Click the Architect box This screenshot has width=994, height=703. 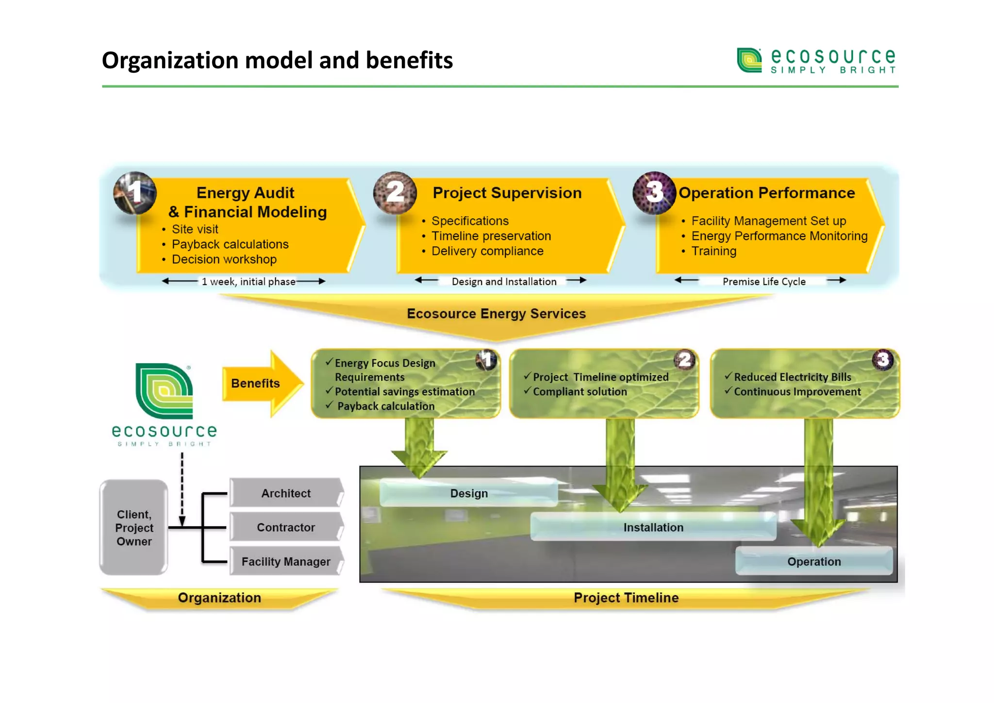pyautogui.click(x=286, y=493)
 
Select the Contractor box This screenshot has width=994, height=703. pyautogui.click(x=286, y=527)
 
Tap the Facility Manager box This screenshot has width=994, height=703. pyautogui.click(x=286, y=562)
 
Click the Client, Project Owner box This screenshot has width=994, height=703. pyautogui.click(x=134, y=528)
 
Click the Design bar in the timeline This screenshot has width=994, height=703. pyautogui.click(x=468, y=493)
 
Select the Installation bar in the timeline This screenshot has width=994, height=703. pyautogui.click(x=653, y=527)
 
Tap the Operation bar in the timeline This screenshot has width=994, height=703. pyautogui.click(x=814, y=562)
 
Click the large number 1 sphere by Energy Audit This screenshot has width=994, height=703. pyautogui.click(x=135, y=193)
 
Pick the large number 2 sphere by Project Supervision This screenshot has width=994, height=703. pyautogui.click(x=395, y=193)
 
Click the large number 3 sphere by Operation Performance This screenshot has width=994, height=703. pyautogui.click(x=654, y=193)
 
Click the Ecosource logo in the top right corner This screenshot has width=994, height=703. pyautogui.click(x=816, y=61)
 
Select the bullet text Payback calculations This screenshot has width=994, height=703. pyautogui.click(x=230, y=244)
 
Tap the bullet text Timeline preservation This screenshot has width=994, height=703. pyautogui.click(x=491, y=236)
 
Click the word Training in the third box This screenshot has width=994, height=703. pyautogui.click(x=713, y=251)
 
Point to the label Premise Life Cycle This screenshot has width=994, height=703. pyautogui.click(x=764, y=282)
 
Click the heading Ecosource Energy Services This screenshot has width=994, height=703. pyautogui.click(x=496, y=314)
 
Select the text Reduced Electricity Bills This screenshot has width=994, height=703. pyautogui.click(x=792, y=377)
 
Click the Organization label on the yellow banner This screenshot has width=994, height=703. pyautogui.click(x=219, y=598)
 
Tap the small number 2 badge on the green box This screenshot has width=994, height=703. pyautogui.click(x=685, y=360)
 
